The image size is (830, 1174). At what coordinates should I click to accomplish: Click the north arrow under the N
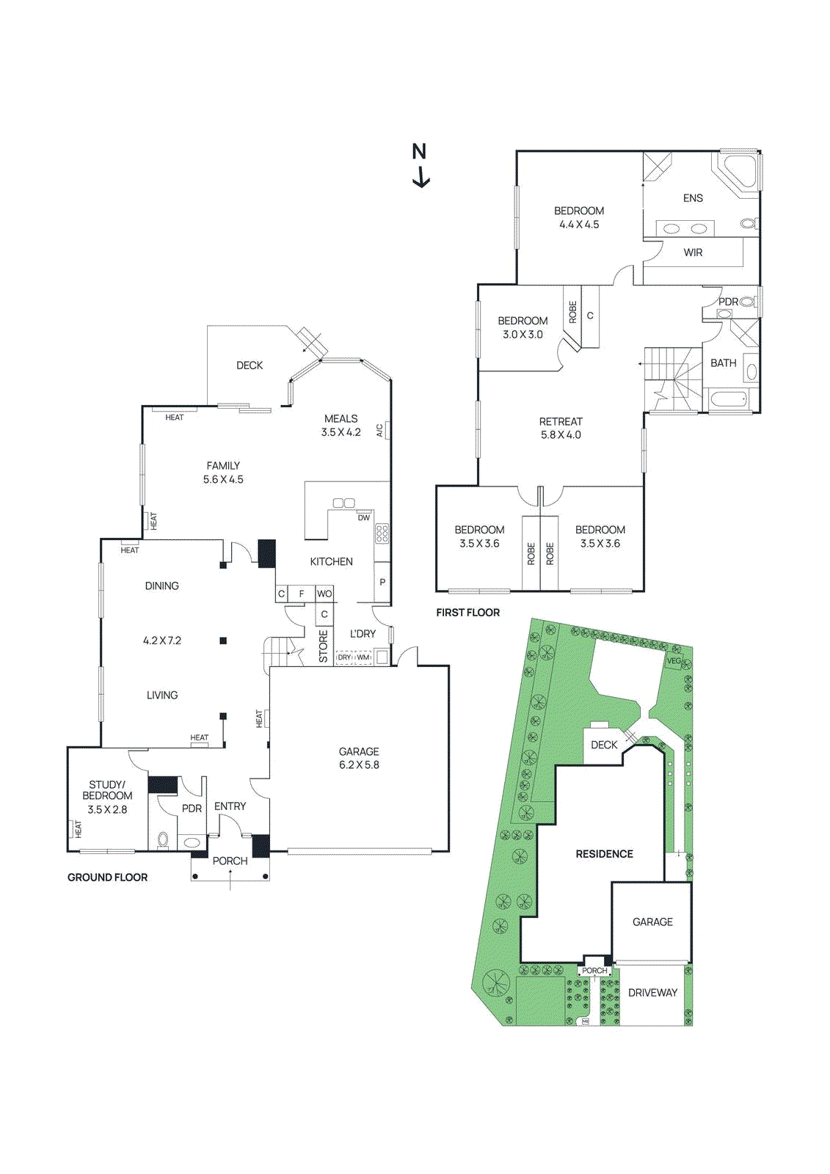[421, 178]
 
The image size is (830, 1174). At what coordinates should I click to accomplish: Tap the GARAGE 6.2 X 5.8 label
[359, 758]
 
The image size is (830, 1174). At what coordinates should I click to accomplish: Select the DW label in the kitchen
[364, 518]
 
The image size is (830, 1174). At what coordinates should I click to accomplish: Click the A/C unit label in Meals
[380, 430]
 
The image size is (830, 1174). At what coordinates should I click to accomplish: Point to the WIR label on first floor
[693, 252]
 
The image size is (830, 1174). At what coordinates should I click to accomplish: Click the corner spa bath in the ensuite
[738, 172]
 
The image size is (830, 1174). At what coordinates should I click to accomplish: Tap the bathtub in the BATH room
[729, 400]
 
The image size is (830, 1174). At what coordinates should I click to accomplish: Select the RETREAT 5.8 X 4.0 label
[561, 428]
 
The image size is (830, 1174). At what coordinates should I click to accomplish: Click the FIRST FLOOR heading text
[467, 613]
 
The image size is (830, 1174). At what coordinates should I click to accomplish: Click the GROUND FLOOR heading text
[107, 878]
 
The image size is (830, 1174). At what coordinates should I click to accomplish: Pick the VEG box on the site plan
[674, 660]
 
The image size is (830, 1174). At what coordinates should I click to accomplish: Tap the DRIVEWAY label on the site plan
[652, 993]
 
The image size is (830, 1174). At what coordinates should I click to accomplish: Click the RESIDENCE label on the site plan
[604, 854]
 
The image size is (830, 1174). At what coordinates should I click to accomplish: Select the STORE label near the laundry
[323, 646]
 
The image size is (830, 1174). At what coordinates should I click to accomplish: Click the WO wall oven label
[324, 594]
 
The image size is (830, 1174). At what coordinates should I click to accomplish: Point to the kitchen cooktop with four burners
[382, 533]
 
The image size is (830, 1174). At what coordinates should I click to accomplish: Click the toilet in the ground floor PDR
[163, 839]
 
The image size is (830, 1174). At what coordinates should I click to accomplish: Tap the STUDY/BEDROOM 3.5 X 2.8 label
[107, 797]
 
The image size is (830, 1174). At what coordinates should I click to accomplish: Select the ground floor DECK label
[250, 365]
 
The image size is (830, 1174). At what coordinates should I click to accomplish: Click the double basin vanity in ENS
[685, 229]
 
